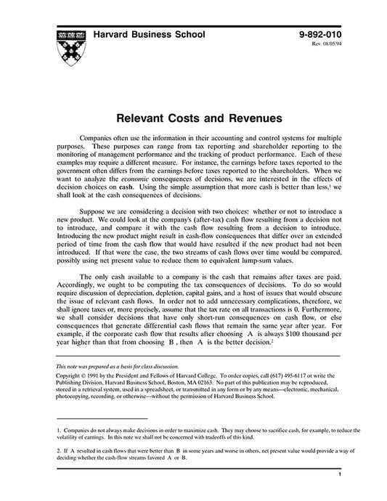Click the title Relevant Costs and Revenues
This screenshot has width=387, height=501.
(x=193, y=115)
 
